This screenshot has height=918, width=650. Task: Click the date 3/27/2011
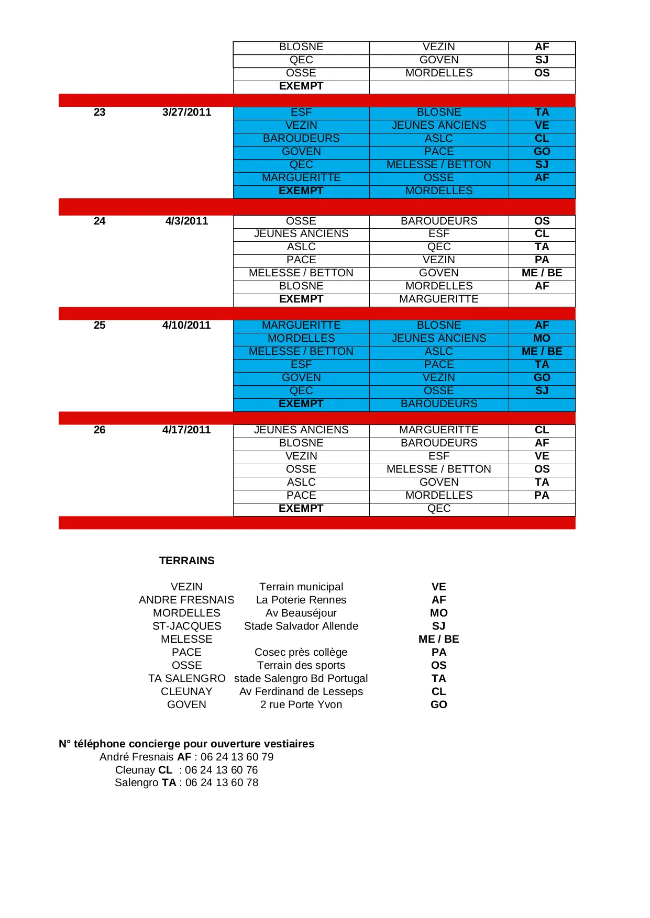coord(186,112)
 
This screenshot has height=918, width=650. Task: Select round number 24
coord(100,221)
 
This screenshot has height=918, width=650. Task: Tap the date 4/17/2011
coord(186,430)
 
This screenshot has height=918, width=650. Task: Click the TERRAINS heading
coord(186,561)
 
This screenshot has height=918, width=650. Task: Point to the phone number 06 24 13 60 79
coord(237,757)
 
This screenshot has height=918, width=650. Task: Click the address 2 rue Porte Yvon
coord(301,704)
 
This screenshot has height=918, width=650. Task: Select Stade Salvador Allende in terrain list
coord(301,626)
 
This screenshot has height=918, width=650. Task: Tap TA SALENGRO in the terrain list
coord(186,678)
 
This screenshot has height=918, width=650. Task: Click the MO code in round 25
coord(542,338)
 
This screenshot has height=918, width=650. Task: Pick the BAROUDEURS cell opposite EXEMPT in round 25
coord(439,404)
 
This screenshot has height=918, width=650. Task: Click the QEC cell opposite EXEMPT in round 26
coord(439,508)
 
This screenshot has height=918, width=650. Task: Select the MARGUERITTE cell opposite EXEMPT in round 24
coord(439,299)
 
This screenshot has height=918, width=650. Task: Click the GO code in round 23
coord(542,151)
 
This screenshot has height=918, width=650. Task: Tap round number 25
coord(100,325)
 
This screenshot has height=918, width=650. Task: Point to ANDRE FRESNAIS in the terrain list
coord(186,600)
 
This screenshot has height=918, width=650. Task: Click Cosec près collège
coord(301,652)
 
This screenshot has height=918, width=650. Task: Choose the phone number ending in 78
coord(222,782)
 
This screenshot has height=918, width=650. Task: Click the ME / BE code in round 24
coord(542,273)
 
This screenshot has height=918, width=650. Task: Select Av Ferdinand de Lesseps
coord(301,691)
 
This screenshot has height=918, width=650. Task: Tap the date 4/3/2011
coord(186,221)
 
